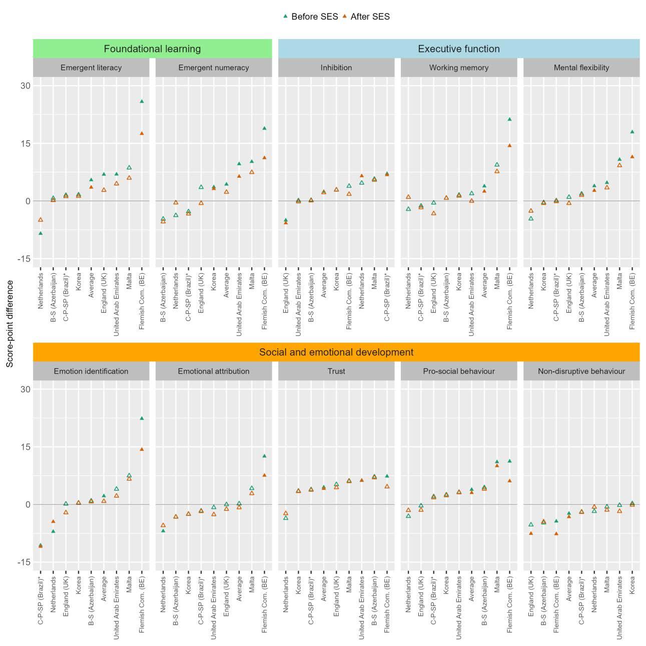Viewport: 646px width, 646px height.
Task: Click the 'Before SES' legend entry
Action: tap(310, 17)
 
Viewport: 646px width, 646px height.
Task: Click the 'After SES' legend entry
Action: tap(366, 17)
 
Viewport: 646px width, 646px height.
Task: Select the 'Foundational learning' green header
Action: tap(152, 49)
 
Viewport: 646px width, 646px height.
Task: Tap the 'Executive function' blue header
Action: tap(458, 49)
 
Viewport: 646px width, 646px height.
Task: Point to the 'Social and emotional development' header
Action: tap(336, 352)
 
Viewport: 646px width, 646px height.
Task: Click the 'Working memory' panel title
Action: tap(458, 68)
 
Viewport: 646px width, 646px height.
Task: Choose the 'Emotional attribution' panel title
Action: tap(214, 371)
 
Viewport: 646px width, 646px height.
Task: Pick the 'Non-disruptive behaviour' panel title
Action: tap(581, 371)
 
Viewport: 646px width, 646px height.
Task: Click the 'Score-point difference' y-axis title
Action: tap(10, 324)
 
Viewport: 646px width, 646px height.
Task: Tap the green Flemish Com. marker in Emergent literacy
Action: tap(142, 101)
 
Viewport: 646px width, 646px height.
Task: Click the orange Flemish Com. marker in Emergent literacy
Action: tap(142, 134)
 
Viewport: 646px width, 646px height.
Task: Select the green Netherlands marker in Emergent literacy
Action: tap(41, 233)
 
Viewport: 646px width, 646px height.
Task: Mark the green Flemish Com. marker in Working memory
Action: tap(509, 119)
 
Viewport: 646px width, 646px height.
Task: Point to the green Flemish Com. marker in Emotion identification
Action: tap(142, 418)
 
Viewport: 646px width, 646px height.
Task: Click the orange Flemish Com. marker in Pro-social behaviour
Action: tap(509, 481)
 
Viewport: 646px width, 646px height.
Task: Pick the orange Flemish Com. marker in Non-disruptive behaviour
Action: tap(556, 533)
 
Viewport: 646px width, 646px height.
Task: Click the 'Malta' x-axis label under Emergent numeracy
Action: tap(252, 281)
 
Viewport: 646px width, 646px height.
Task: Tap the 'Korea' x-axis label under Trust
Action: tap(298, 585)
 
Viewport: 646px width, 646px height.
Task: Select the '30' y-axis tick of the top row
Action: tap(26, 86)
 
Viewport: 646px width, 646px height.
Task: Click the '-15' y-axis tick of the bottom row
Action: tap(24, 562)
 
